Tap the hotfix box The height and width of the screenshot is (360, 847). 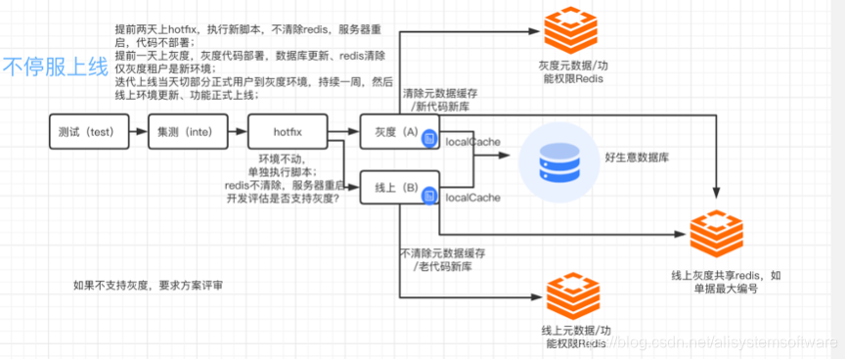[287, 130]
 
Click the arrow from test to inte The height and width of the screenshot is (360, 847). [138, 130]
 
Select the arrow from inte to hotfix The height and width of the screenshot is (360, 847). [237, 130]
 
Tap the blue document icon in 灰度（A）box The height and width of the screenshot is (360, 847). [428, 141]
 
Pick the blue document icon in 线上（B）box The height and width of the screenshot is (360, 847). [428, 197]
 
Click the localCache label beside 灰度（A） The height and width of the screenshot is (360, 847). [472, 142]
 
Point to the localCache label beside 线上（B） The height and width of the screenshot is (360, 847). [472, 198]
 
